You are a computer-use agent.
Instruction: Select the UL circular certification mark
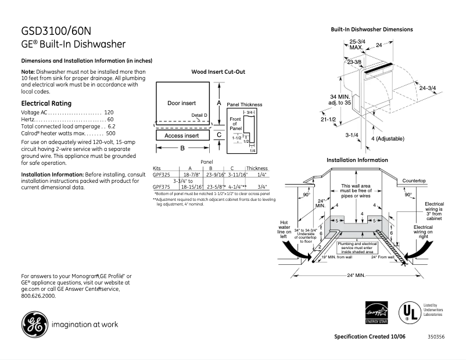click(x=408, y=312)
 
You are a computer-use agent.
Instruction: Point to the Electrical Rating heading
click(x=46, y=103)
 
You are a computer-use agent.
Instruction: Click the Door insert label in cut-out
click(x=182, y=103)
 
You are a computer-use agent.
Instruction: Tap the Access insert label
click(x=182, y=136)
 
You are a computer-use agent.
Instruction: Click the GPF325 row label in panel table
click(x=162, y=174)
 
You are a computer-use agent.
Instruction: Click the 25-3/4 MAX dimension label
click(x=357, y=45)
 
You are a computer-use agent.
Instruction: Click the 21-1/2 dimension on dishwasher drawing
click(x=328, y=120)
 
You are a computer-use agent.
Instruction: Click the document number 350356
click(x=436, y=337)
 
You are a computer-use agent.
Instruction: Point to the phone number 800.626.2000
click(x=38, y=296)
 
